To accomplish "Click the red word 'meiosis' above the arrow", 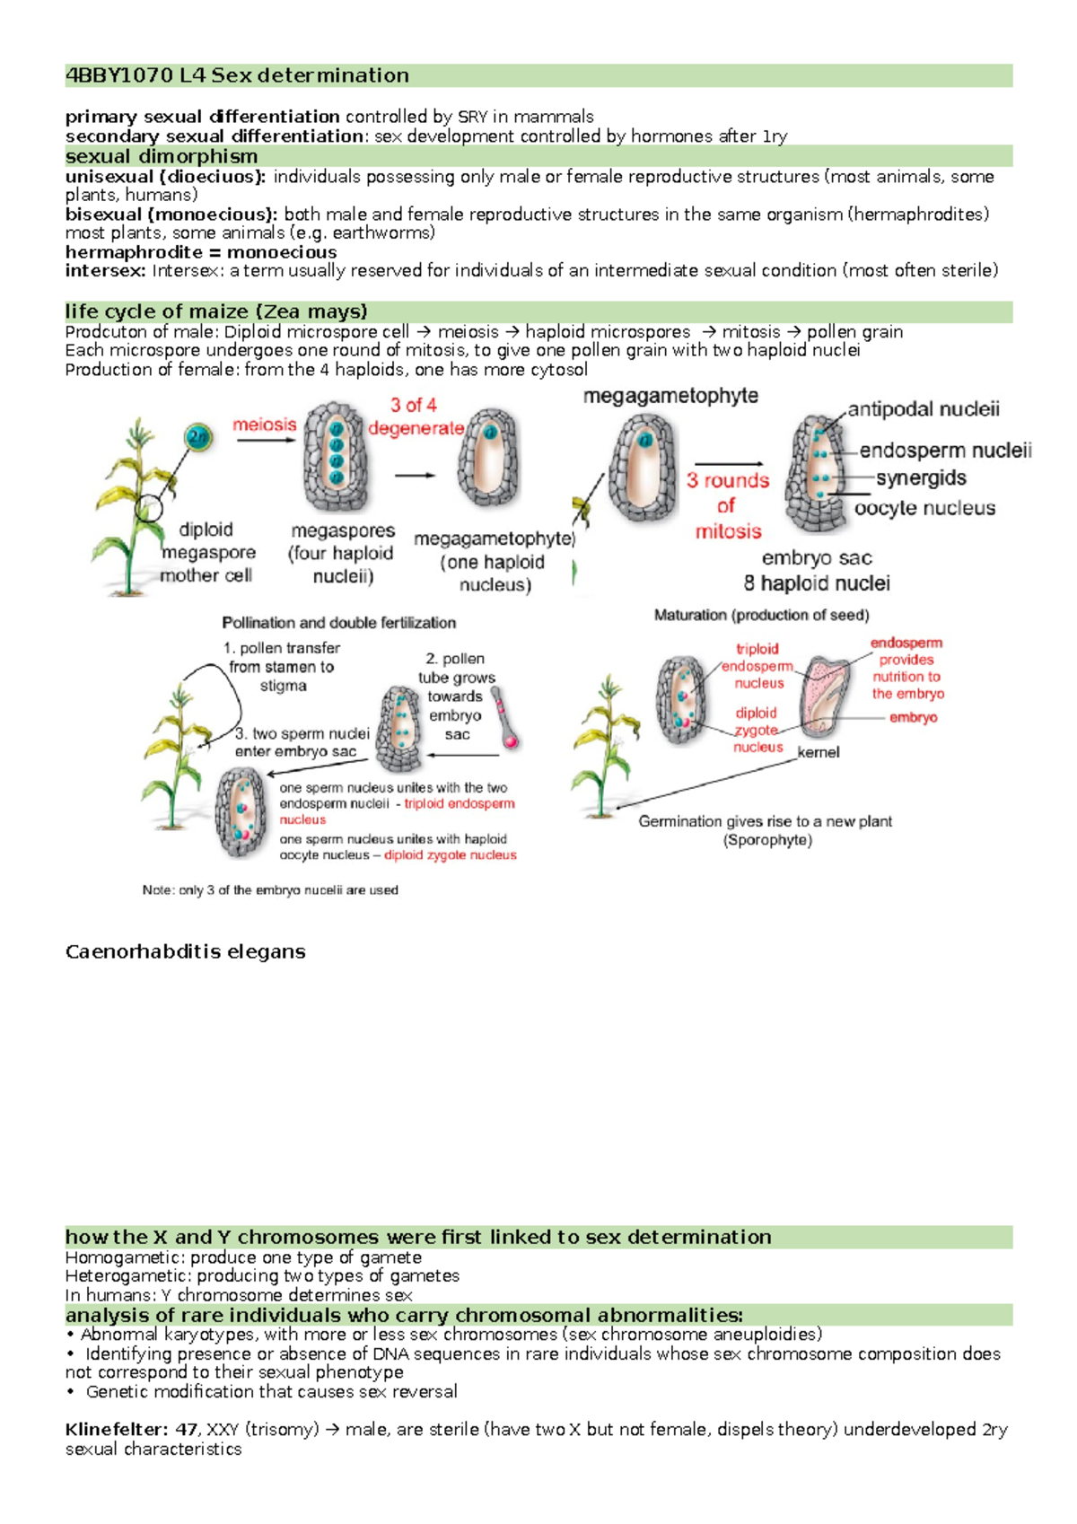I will click(264, 425).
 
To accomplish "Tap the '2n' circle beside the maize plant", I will click(197, 438).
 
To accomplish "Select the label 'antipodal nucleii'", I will click(924, 410).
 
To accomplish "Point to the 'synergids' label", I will click(921, 478).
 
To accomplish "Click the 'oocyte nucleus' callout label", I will click(924, 508).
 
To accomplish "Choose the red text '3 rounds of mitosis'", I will click(728, 505).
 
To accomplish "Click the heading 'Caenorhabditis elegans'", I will click(186, 951).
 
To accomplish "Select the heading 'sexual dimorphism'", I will click(162, 156).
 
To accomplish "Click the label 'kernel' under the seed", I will click(819, 752).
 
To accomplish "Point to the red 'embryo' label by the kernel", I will click(914, 717).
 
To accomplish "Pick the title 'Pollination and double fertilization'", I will click(338, 623).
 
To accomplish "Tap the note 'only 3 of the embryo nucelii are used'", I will click(270, 890).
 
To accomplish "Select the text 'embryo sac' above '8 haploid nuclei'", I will click(817, 558).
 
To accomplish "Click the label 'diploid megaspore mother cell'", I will click(206, 552).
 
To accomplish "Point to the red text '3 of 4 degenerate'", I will click(415, 416).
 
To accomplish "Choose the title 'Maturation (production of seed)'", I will click(761, 615).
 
